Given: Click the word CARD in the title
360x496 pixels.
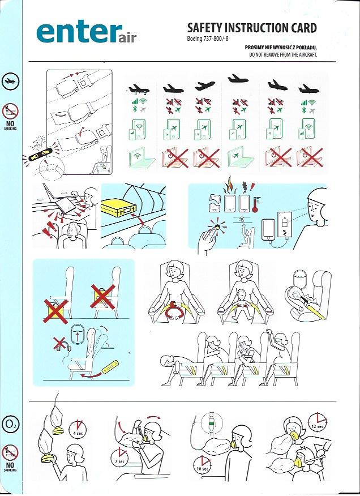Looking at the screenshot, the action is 301,28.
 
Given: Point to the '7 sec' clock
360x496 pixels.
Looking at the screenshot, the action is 119,457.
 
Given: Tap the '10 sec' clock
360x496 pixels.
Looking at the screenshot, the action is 202,464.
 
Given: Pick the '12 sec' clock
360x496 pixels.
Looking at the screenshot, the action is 318,422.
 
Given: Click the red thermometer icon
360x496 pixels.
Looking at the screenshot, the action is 255,203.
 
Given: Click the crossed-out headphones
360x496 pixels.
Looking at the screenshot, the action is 62,345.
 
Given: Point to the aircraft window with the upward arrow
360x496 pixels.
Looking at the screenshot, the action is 77,333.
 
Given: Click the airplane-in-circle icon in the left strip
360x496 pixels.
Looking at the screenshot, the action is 10,82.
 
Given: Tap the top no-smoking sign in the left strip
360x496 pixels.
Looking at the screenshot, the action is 10,112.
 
